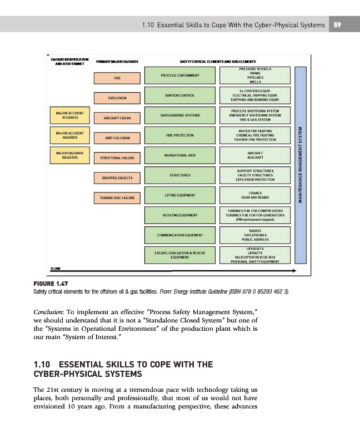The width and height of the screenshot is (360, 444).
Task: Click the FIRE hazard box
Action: [x=117, y=78]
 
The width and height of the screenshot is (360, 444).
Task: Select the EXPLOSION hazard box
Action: [x=117, y=98]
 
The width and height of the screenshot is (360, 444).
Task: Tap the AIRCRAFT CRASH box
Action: [x=117, y=118]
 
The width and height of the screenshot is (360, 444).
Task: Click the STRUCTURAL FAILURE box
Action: [x=117, y=158]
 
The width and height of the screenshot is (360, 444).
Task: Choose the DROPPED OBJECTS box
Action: [x=117, y=178]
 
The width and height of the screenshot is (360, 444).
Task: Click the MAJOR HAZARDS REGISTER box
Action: [x=69, y=155]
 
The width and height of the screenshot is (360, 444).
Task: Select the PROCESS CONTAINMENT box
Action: [x=180, y=75]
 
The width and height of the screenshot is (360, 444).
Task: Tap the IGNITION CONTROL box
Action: [x=180, y=95]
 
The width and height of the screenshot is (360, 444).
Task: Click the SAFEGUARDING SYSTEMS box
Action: [x=180, y=115]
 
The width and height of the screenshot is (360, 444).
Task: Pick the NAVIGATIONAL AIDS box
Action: [x=180, y=155]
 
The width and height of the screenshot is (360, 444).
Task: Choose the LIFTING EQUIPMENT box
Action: [x=180, y=195]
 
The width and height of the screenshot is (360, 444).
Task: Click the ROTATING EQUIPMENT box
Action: [x=180, y=215]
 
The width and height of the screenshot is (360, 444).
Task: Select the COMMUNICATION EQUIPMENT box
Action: [x=180, y=235]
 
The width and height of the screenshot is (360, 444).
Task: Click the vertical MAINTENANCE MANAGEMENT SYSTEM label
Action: [x=300, y=165]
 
